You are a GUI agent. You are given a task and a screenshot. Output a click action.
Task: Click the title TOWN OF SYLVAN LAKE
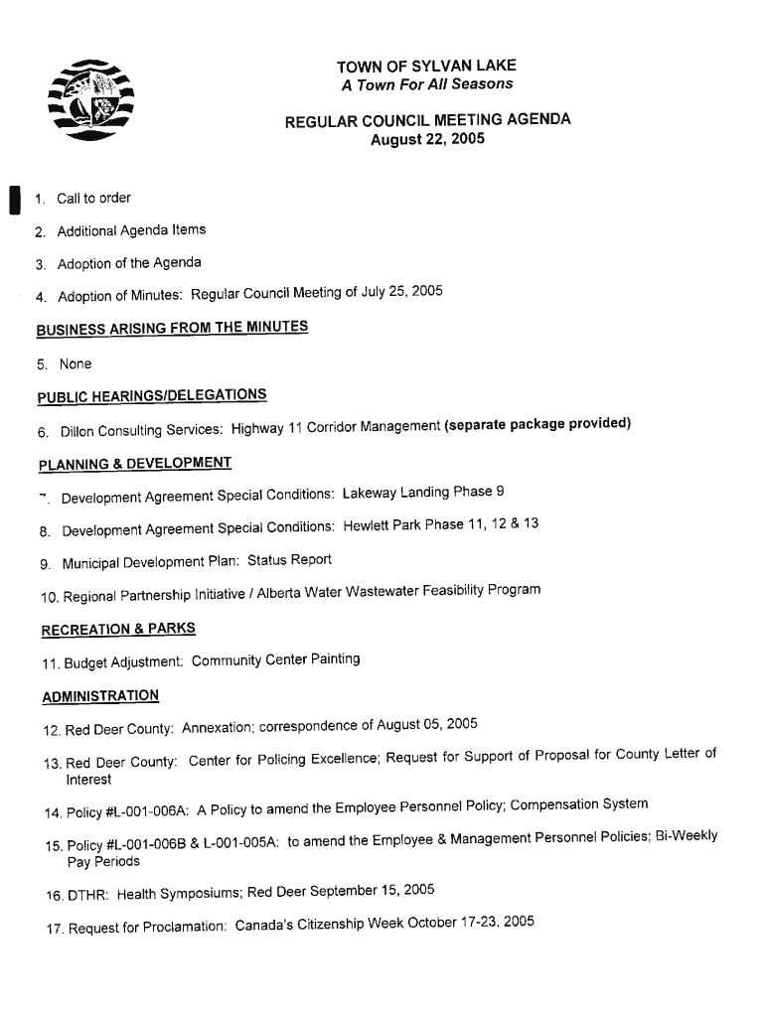coord(426,67)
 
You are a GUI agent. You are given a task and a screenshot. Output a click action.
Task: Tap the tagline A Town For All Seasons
coord(427,84)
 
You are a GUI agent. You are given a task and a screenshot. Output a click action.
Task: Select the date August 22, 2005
coord(427,139)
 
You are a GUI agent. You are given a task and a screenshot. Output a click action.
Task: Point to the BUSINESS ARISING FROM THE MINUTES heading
coord(172,329)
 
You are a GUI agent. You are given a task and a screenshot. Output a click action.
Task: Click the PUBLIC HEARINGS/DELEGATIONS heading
coord(152,396)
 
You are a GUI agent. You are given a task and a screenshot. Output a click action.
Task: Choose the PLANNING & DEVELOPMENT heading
coord(135,464)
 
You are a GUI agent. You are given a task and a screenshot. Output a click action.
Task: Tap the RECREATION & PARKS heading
coord(118,629)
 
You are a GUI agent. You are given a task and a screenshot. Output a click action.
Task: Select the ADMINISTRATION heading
coord(100,696)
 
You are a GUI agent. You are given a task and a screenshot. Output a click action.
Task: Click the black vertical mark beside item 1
coord(13,200)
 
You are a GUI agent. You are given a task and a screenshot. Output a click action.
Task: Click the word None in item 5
coord(75,364)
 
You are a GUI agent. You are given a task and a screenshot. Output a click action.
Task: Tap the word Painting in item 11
coord(333,658)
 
